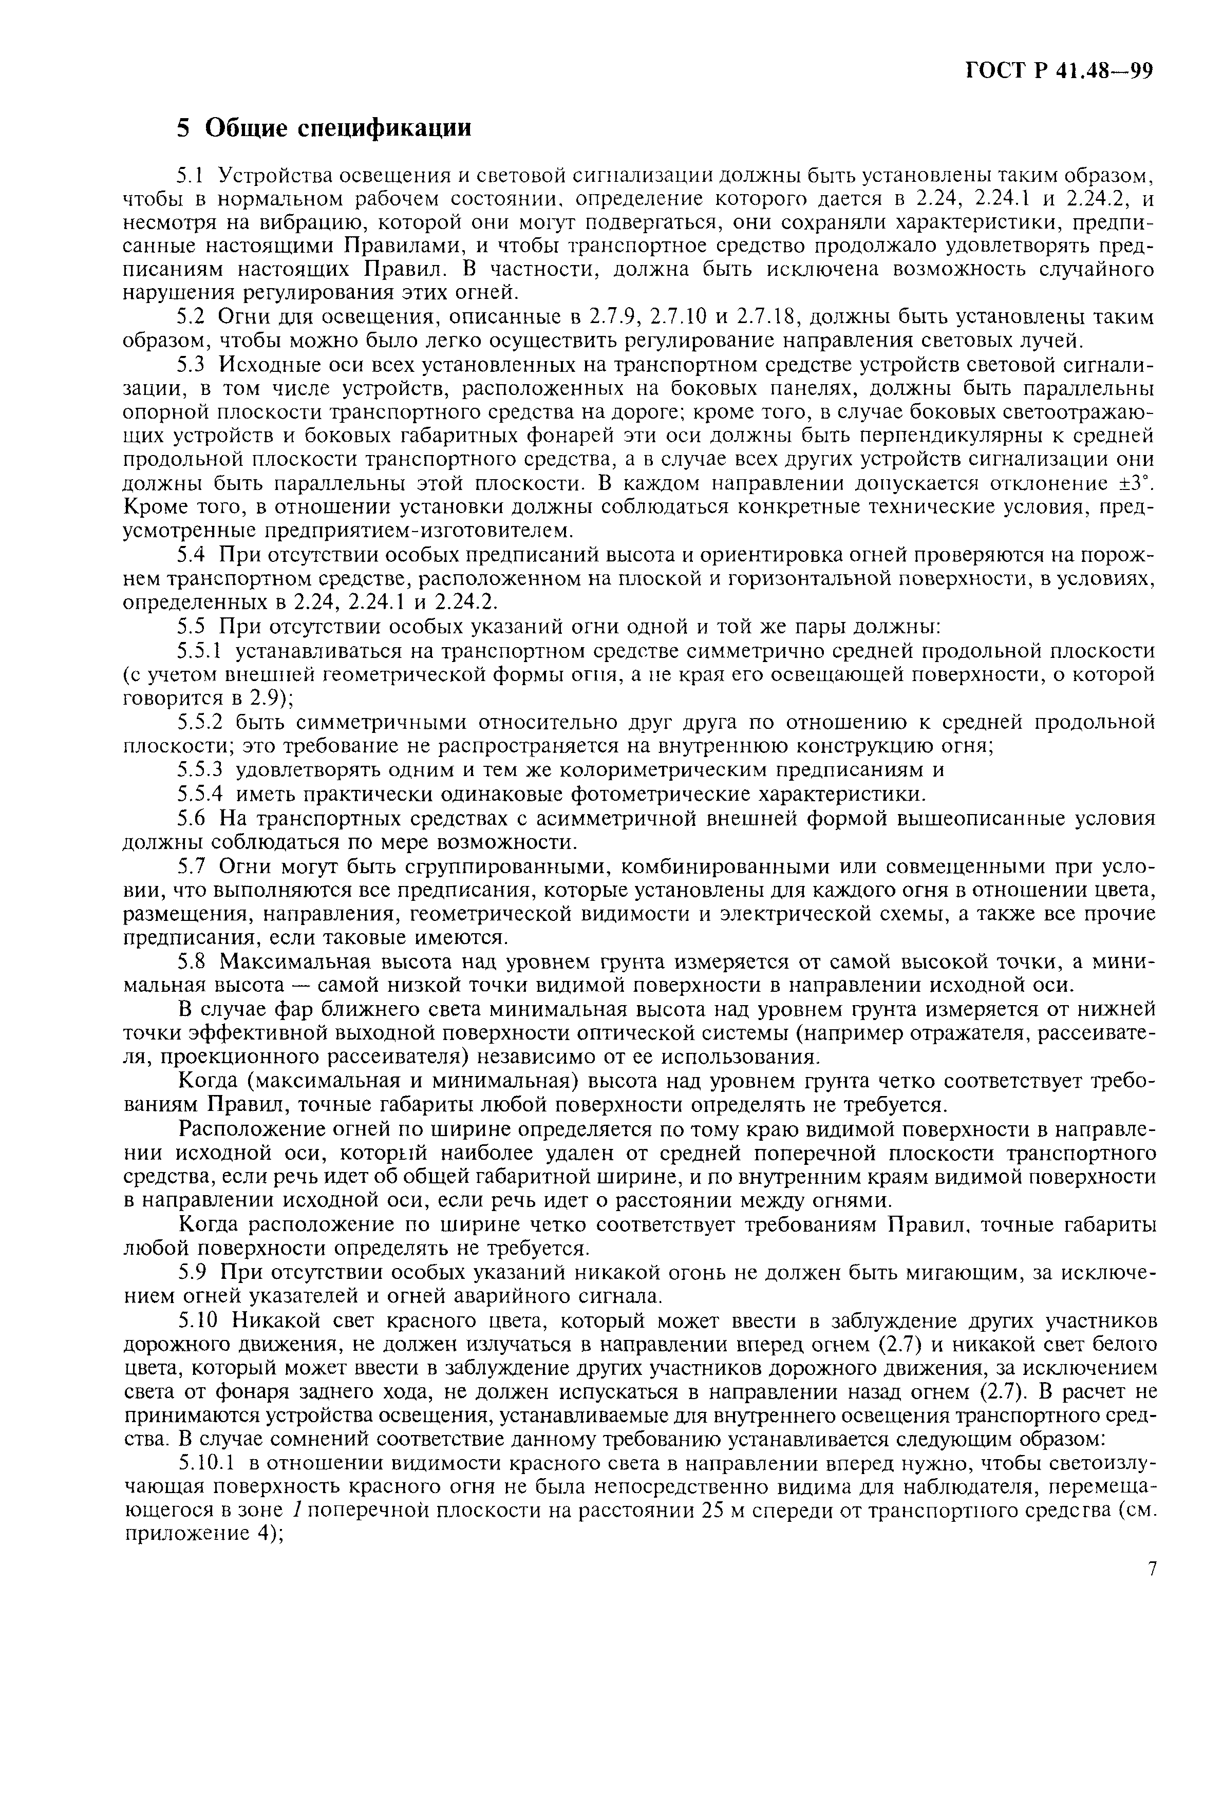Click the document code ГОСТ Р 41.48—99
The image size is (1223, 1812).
1059,71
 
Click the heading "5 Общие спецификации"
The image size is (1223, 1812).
324,127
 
